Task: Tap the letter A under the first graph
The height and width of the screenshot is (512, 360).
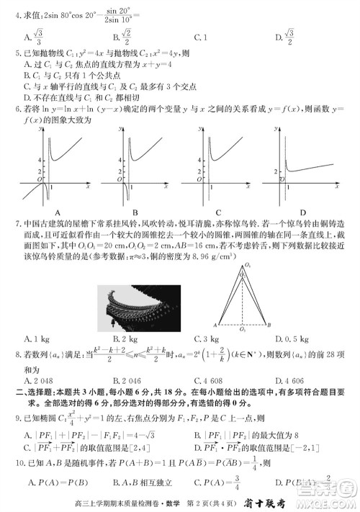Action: click(x=49, y=212)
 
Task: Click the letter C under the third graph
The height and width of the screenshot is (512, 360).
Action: click(x=219, y=212)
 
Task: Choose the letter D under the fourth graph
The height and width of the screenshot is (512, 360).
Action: click(x=303, y=212)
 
